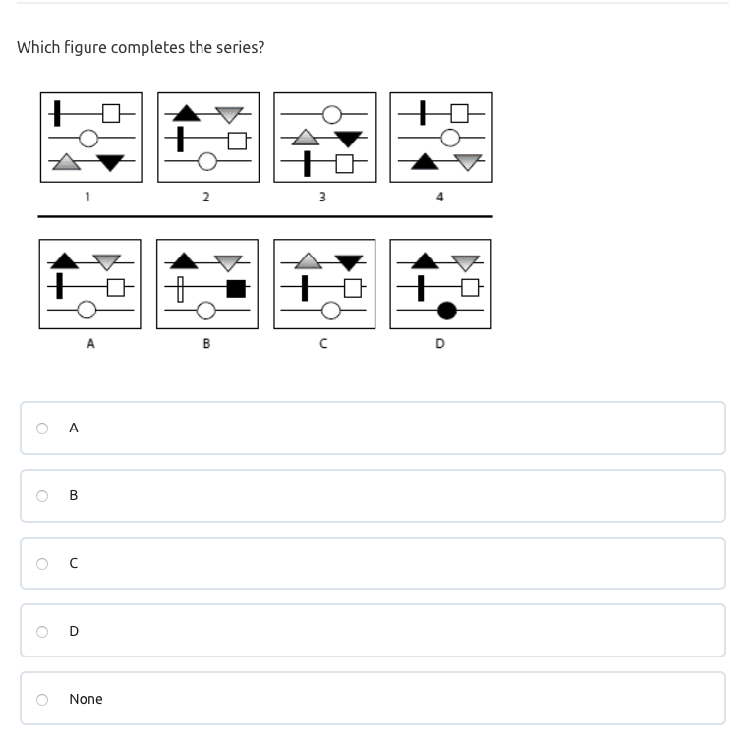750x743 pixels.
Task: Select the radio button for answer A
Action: click(x=42, y=428)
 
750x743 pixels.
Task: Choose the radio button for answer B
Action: click(x=42, y=495)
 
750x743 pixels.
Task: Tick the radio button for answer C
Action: click(x=42, y=564)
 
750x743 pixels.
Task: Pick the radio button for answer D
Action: click(x=42, y=632)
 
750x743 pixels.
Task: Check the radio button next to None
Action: click(x=42, y=700)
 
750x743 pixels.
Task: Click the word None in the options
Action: click(x=87, y=699)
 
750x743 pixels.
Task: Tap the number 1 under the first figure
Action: click(x=87, y=197)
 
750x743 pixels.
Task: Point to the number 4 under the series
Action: click(x=440, y=197)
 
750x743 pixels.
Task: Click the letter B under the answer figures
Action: click(x=206, y=343)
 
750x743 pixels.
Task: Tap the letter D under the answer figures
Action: click(x=440, y=343)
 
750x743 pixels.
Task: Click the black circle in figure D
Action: click(x=447, y=311)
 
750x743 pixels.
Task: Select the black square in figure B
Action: click(x=236, y=289)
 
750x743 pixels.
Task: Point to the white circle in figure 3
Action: click(x=332, y=115)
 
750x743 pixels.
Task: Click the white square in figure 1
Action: click(x=111, y=114)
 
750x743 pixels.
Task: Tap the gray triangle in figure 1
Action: click(x=66, y=162)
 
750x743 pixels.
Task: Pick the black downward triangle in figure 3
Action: click(x=348, y=139)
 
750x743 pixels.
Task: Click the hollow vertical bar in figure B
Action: click(x=180, y=289)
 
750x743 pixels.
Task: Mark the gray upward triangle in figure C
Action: click(x=308, y=261)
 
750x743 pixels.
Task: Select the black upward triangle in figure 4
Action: click(x=425, y=161)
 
